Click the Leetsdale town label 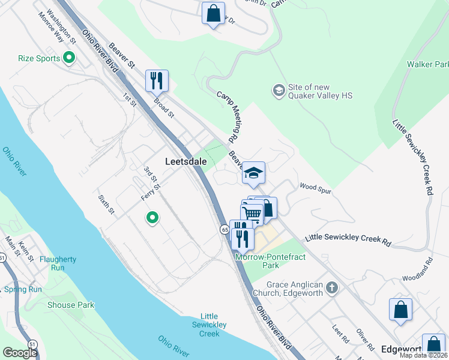point(186,161)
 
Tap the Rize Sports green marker point(69,58)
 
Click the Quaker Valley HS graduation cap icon point(279,91)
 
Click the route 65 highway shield point(224,229)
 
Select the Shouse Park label point(71,305)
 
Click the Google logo point(20,353)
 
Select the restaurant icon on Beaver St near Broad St point(157,80)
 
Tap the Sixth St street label point(107,203)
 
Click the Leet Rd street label point(340,334)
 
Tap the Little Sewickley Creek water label point(209,325)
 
